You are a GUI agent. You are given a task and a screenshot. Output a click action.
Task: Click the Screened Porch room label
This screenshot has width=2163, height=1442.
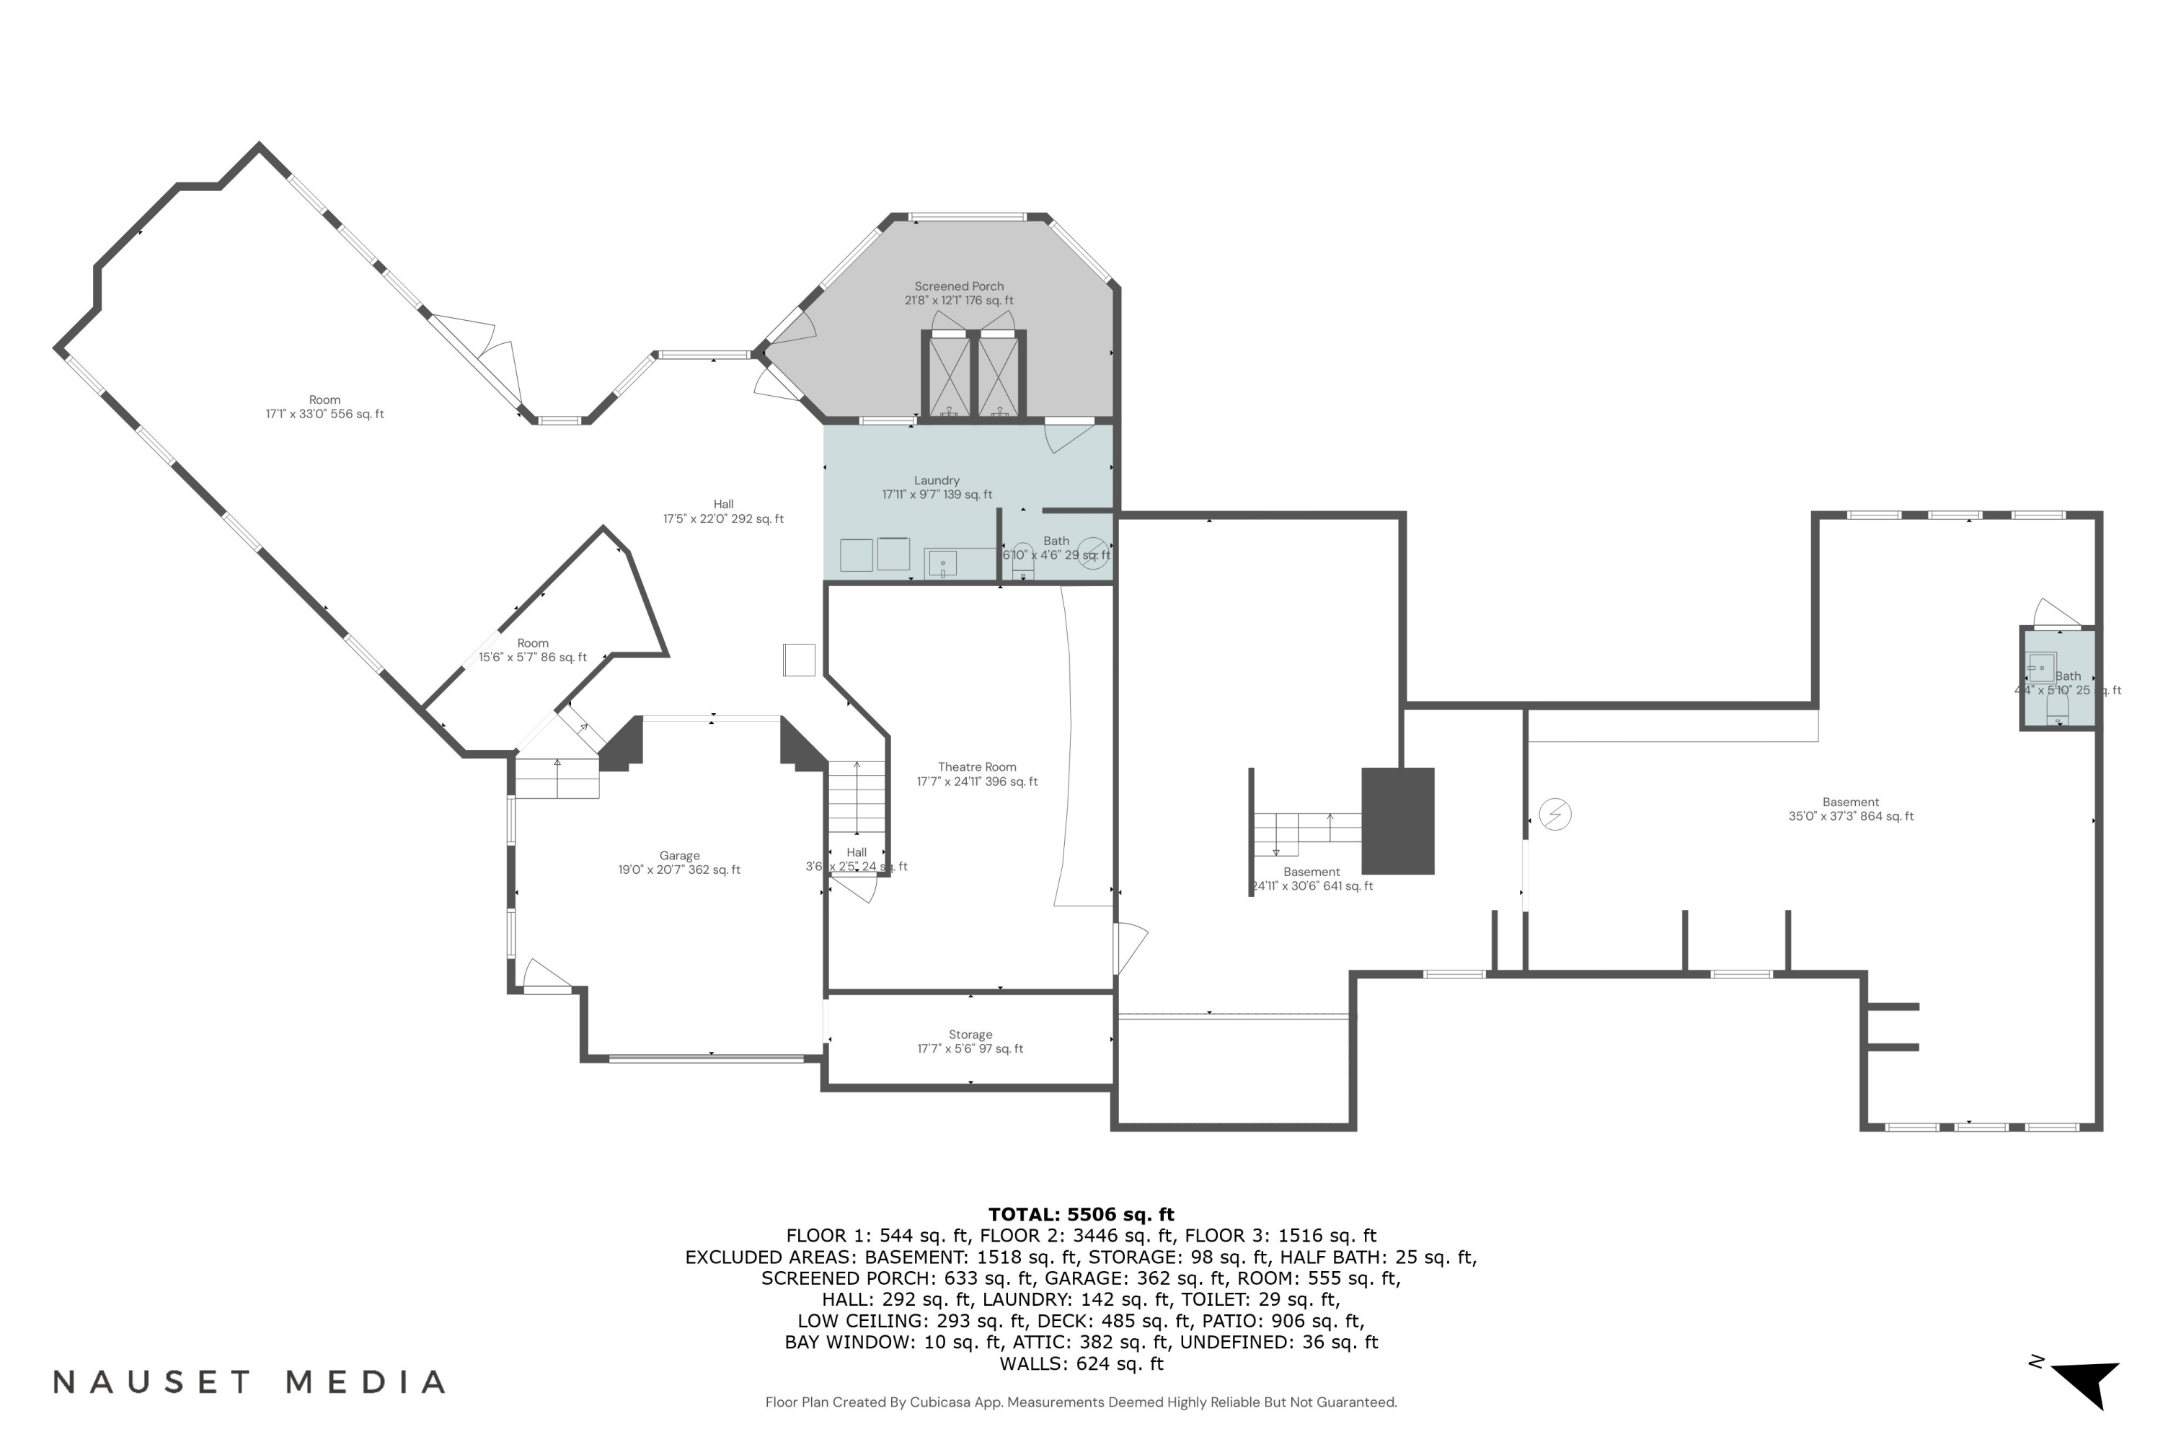click(958, 293)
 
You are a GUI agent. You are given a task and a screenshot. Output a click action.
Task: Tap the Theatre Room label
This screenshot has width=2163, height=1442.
click(977, 774)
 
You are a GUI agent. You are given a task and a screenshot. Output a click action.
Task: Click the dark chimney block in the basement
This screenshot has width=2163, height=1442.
click(1397, 820)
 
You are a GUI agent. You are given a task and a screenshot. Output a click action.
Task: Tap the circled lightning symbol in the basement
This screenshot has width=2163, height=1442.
click(1554, 814)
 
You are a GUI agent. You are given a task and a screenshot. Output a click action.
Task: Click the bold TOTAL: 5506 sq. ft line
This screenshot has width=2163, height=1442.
click(1081, 1214)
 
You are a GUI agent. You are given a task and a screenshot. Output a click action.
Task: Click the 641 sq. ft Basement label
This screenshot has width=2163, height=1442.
click(1311, 879)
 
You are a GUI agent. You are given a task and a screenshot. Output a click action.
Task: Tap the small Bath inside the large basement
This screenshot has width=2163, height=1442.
click(2058, 681)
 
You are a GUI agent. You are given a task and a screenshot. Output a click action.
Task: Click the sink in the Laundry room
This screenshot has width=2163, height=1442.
click(942, 563)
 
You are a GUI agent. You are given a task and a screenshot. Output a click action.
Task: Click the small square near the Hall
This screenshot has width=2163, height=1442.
click(798, 660)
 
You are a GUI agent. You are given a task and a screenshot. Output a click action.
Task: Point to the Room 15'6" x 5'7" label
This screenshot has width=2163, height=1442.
click(533, 650)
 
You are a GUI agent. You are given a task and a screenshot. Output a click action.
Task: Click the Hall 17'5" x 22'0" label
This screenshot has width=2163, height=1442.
click(723, 511)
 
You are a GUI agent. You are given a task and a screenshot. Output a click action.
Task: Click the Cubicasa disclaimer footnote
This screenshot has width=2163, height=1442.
click(1081, 1402)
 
